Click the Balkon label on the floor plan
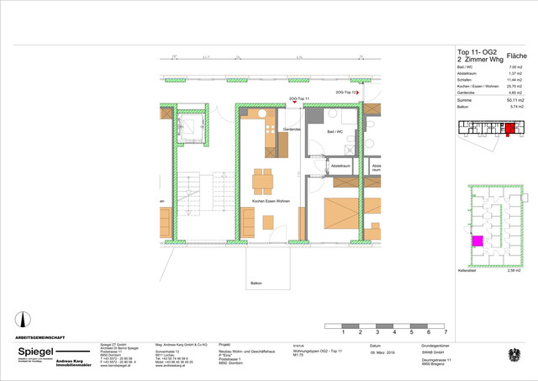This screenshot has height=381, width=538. point(256,283)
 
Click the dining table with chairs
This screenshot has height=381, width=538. point(263,178)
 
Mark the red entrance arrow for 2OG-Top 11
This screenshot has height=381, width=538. point(294,103)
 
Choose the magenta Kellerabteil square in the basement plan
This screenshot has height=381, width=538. point(477,241)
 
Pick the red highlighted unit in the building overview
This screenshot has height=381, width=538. point(509,129)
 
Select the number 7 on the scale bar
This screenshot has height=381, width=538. point(445,333)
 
